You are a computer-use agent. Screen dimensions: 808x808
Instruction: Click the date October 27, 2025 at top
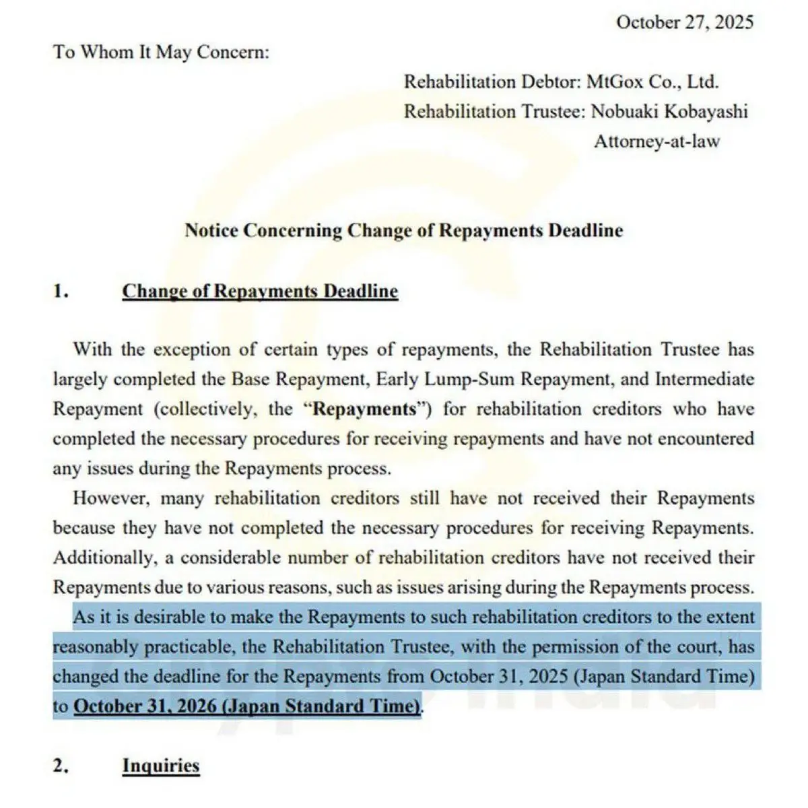pos(684,22)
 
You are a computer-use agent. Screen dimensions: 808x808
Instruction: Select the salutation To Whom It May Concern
pos(161,52)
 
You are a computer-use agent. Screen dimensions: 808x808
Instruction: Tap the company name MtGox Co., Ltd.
pos(652,82)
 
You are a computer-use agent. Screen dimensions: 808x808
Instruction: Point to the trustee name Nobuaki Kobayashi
pos(669,112)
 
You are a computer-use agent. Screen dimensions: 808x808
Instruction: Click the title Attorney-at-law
pos(656,141)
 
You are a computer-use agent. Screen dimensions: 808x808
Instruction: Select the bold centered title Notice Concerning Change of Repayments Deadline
pos(404,230)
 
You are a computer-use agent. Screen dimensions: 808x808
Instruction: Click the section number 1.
pos(61,292)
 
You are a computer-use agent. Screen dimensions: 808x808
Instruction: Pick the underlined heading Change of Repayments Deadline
pos(260,292)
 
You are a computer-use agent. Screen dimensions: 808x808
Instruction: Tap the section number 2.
pos(61,766)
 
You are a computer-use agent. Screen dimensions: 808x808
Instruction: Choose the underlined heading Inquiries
pos(161,766)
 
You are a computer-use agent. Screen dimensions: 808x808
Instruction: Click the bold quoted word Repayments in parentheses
pos(364,409)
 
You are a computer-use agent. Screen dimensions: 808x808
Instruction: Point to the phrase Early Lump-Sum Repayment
pos(493,380)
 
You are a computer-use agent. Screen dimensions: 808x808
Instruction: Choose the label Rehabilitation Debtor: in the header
pos(493,82)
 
